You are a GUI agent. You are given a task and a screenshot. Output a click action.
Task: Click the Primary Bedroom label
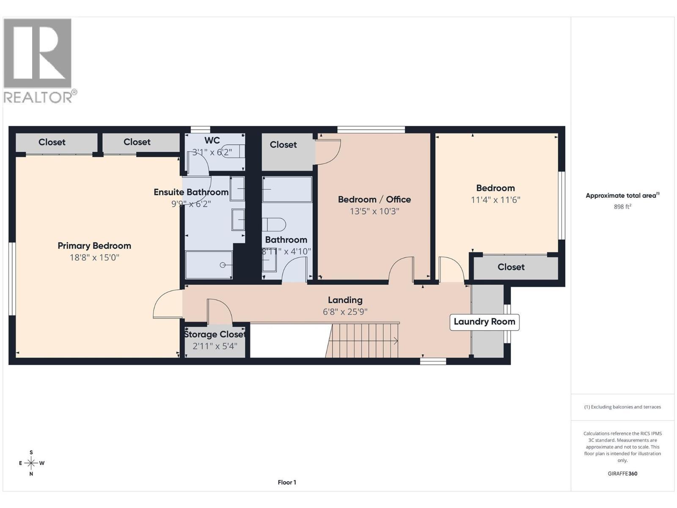94,246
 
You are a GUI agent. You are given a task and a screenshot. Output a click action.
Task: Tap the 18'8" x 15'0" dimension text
94,257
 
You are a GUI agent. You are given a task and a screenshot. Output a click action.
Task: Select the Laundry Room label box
484,322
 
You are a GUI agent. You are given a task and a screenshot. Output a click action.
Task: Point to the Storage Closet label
215,334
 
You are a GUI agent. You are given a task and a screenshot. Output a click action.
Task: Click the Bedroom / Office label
374,199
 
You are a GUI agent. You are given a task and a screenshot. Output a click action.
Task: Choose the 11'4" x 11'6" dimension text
495,200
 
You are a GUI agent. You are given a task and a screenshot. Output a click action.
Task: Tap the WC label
212,141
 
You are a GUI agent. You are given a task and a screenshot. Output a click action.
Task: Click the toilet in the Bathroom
274,224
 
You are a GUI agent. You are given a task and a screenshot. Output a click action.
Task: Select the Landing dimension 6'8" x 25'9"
345,312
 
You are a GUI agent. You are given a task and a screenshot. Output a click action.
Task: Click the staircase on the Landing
362,340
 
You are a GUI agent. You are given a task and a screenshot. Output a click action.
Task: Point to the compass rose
31,463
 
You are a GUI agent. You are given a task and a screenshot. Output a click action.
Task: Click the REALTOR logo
40,61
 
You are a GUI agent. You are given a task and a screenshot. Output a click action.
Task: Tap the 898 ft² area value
622,207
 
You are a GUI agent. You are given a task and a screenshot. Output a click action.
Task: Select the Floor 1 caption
287,483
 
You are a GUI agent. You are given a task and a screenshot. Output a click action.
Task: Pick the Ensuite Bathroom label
191,192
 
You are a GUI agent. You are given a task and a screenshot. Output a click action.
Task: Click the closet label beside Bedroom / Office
283,145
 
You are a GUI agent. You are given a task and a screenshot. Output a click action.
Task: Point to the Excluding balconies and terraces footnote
622,407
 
